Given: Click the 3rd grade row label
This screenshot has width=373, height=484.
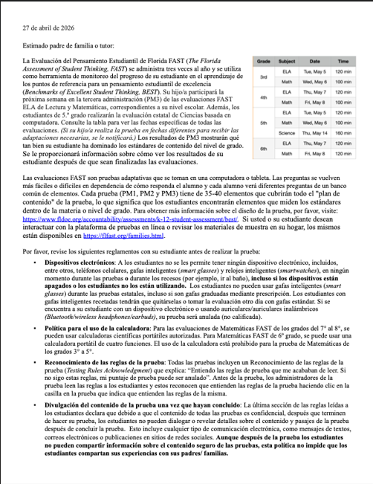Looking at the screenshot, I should point(263,76).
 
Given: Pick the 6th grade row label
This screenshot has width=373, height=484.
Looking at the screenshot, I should point(263,149).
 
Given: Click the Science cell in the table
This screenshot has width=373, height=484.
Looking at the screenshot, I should point(286,132).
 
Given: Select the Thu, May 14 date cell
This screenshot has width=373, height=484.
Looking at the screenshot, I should point(314,132).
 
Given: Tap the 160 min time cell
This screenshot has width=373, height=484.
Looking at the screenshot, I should point(343,132).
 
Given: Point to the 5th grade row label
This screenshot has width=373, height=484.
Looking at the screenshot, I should point(263,122).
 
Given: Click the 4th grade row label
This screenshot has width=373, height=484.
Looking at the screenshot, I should point(263,97).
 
